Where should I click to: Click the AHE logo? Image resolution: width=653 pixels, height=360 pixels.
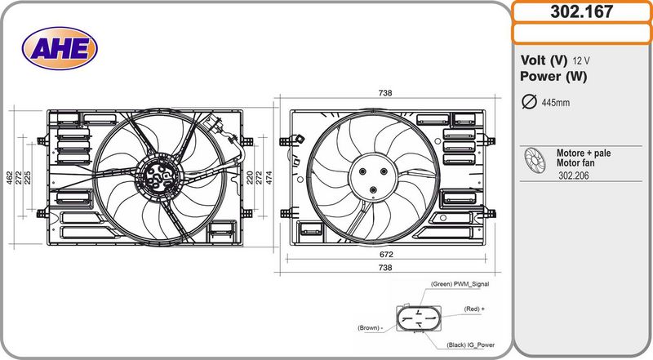(x=59, y=48)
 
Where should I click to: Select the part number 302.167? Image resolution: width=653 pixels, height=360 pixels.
(x=581, y=11)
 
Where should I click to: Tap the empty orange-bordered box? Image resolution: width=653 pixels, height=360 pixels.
(x=581, y=33)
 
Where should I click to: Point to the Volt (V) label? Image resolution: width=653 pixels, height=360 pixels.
(x=544, y=60)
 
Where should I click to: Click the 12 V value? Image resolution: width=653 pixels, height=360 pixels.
(x=581, y=61)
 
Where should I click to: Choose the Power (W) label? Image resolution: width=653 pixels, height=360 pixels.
(x=553, y=77)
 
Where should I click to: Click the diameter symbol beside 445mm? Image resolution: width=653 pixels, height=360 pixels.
(x=528, y=102)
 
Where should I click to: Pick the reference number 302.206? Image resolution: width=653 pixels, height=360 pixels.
(x=575, y=176)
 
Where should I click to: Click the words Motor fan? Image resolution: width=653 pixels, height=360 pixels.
(x=575, y=163)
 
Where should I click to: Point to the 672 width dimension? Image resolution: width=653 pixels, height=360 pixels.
(x=385, y=254)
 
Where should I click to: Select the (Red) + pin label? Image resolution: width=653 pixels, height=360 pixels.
(x=474, y=309)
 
